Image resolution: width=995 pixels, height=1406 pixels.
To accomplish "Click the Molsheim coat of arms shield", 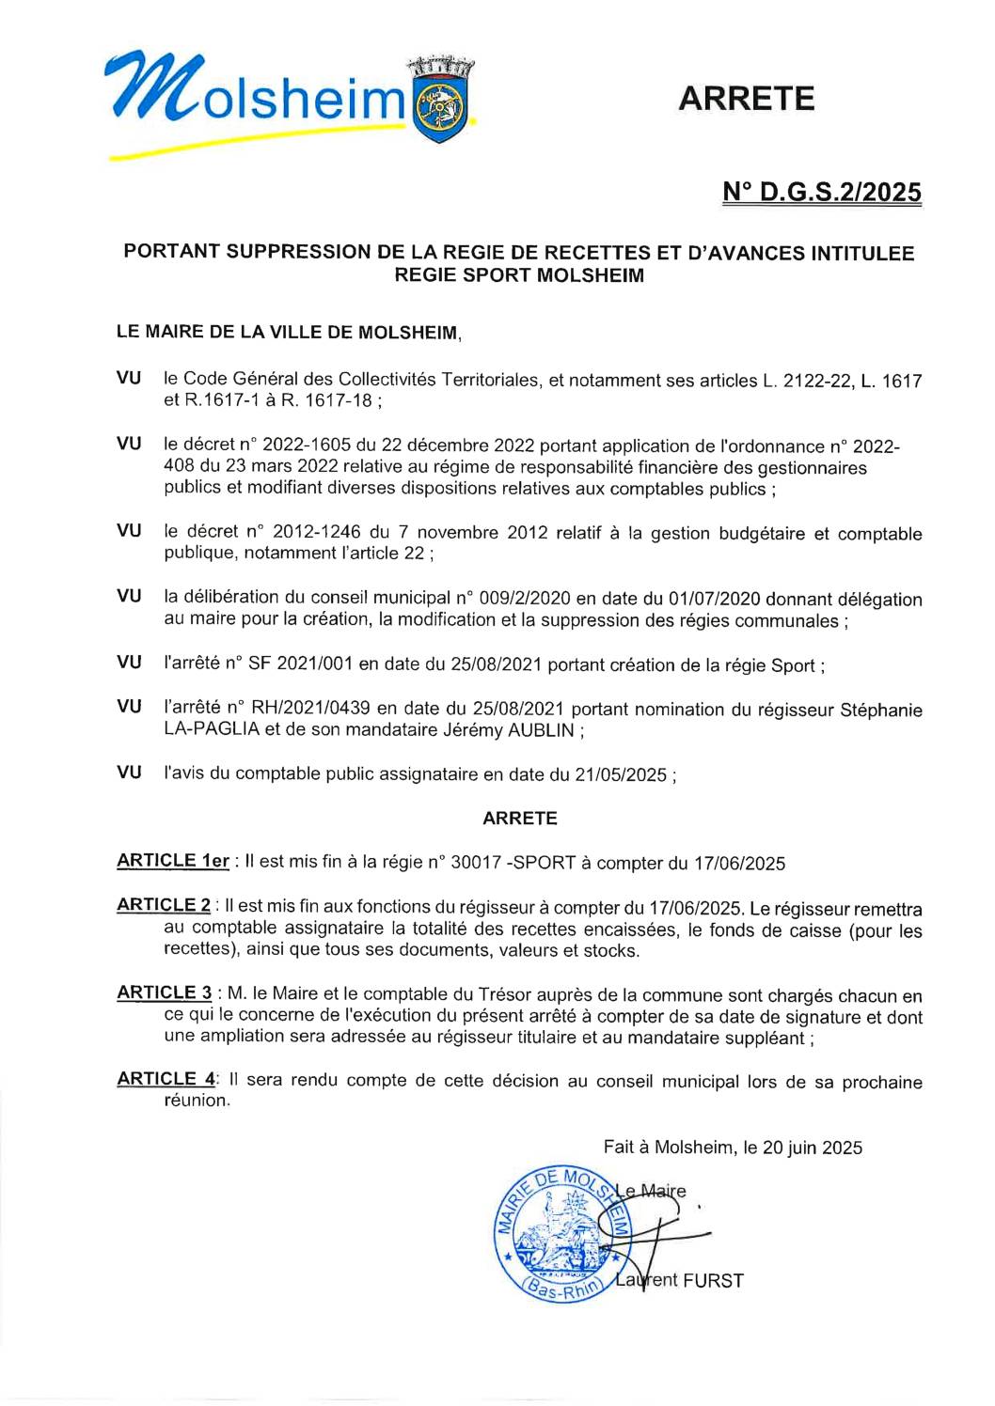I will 439,103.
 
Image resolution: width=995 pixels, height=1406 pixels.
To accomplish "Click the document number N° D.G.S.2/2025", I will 821,192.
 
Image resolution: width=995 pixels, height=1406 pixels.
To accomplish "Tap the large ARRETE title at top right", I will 746,99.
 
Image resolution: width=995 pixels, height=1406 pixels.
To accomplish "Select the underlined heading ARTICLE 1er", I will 173,861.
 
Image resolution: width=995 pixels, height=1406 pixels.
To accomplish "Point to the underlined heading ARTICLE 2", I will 164,905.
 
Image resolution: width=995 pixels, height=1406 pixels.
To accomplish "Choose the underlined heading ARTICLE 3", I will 165,992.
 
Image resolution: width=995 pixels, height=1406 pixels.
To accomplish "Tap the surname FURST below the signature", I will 713,1280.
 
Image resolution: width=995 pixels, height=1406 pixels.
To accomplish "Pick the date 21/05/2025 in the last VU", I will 621,775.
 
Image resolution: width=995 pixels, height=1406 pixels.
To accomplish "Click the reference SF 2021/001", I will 300,664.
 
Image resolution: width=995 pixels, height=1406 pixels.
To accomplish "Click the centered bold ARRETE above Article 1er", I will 519,819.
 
